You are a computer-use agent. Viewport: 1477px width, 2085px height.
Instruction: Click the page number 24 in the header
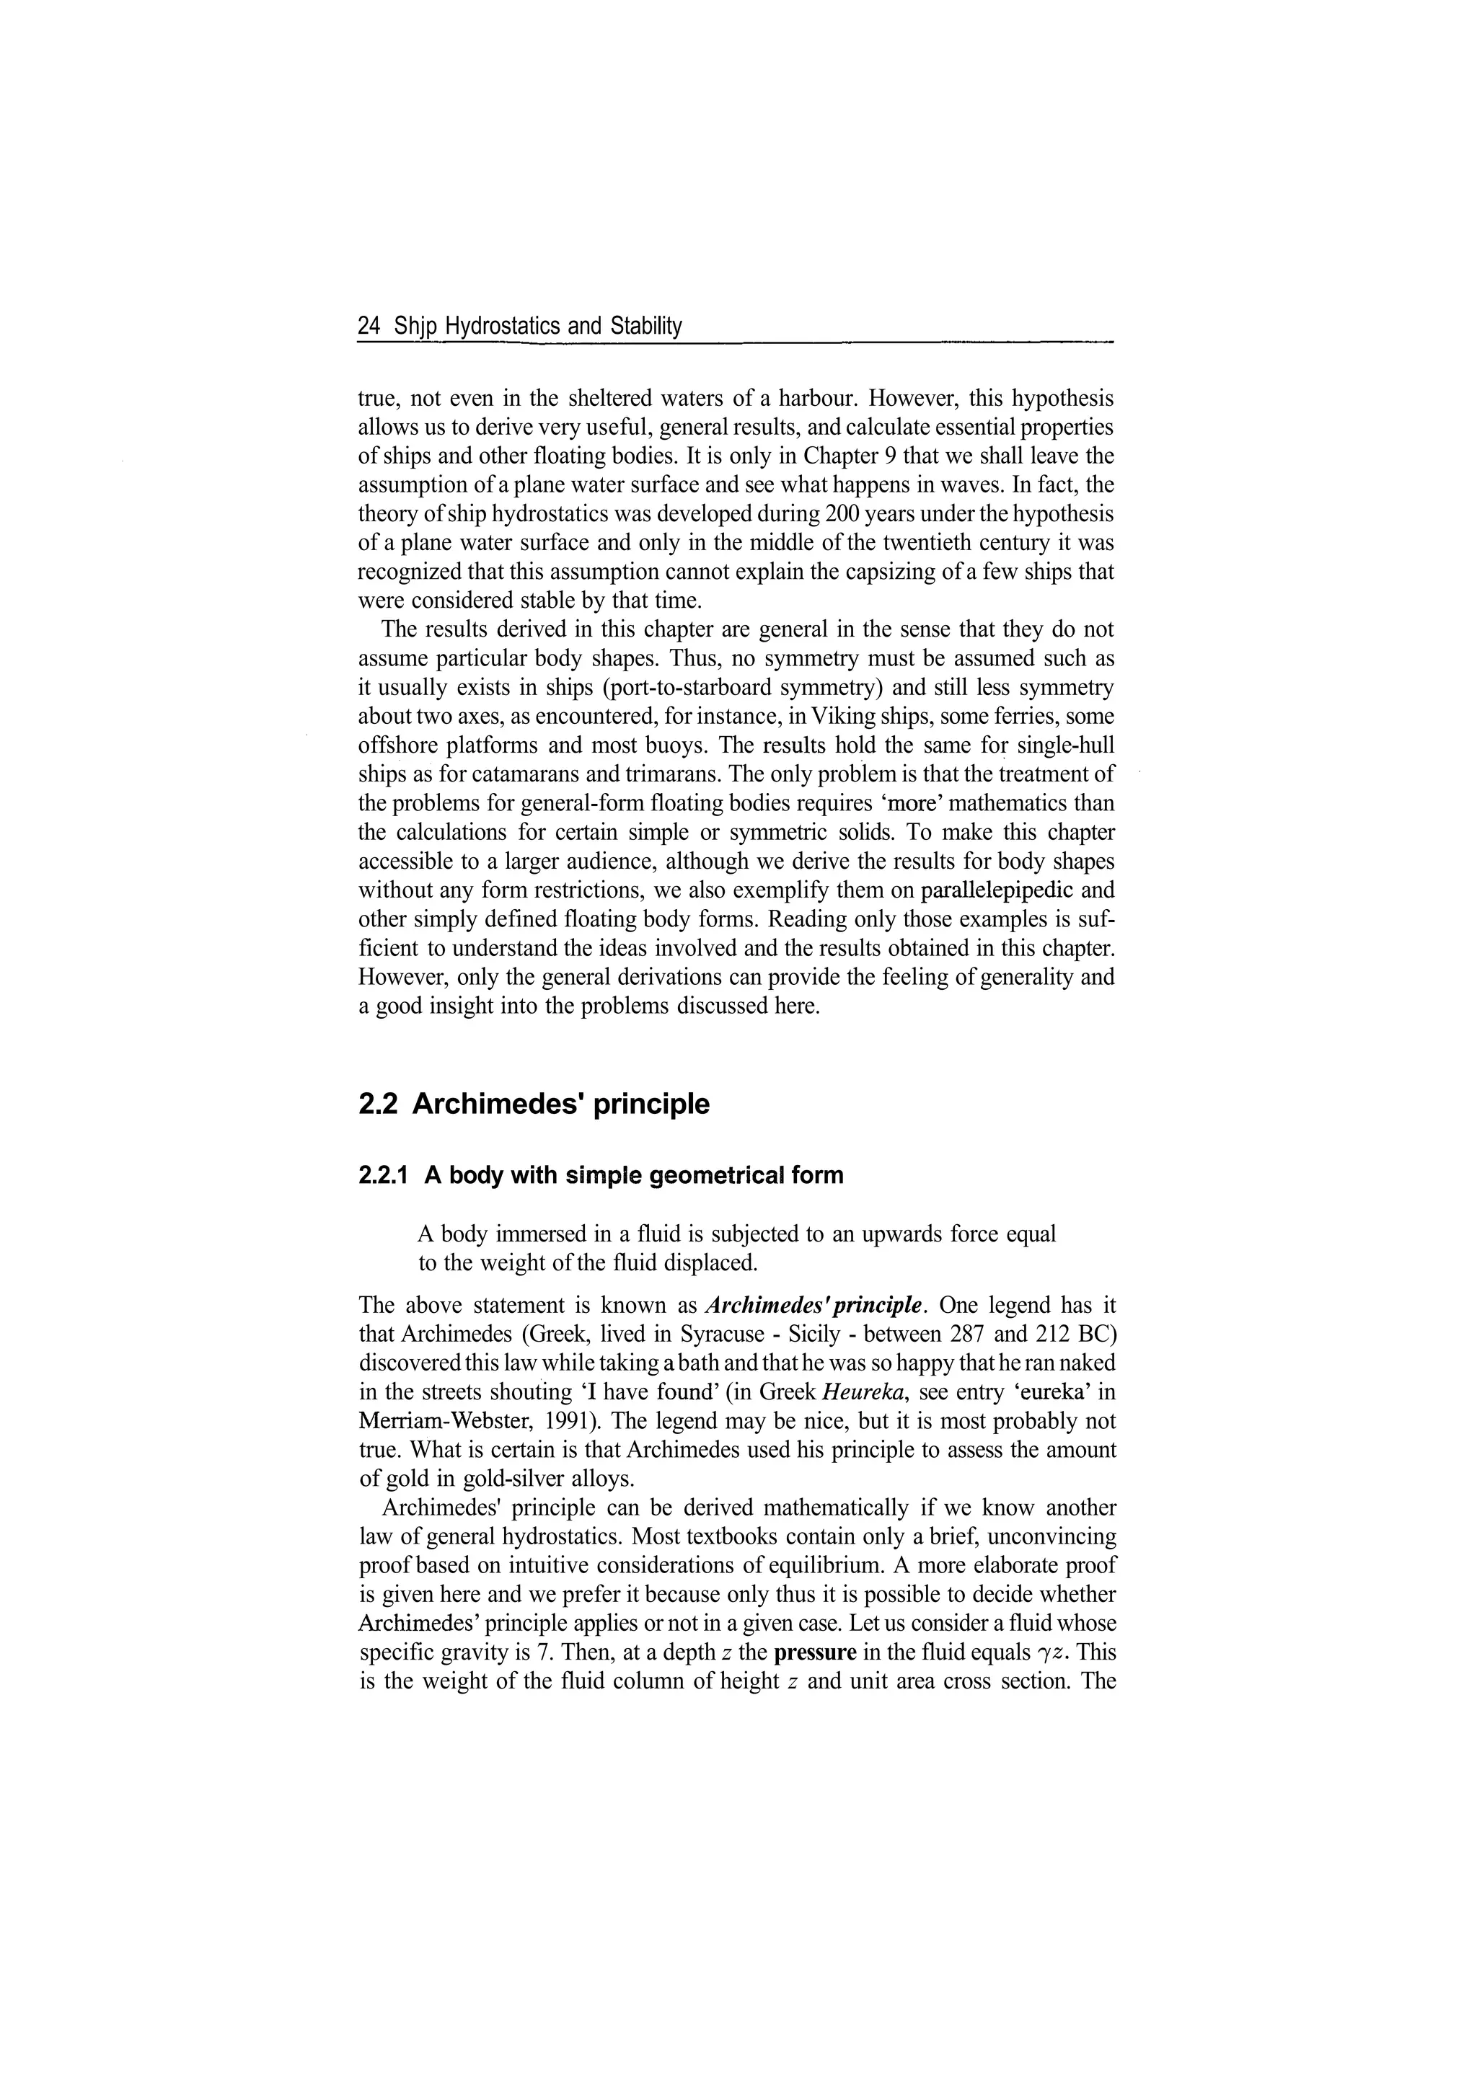(369, 326)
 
